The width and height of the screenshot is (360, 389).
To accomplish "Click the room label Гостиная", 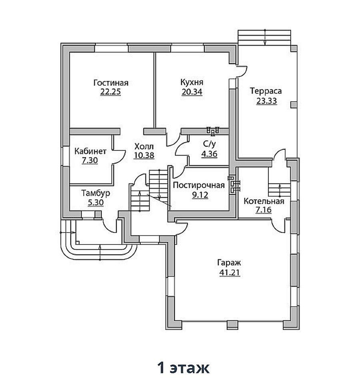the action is click(111, 82).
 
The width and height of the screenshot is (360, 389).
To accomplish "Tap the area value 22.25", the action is click(110, 92).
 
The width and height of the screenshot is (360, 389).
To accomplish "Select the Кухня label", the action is click(192, 82).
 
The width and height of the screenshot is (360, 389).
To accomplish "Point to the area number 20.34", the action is click(192, 92).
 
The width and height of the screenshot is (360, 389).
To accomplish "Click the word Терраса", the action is click(266, 91).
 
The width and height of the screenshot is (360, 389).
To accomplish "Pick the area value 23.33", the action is click(266, 101).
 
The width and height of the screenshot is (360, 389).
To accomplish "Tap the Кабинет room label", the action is click(90, 151).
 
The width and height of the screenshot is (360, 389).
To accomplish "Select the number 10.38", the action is click(144, 155).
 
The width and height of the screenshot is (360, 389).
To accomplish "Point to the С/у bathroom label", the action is click(210, 144).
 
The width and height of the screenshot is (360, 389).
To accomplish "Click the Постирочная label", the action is click(199, 185).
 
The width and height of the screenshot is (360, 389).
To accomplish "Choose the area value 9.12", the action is click(200, 195).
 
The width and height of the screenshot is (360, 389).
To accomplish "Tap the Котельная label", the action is click(264, 201).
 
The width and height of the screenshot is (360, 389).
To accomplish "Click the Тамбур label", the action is click(96, 193).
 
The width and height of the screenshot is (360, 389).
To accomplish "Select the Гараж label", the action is click(229, 263).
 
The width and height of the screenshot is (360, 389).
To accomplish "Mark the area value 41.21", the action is click(230, 273).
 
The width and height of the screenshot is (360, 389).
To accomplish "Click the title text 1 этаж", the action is click(184, 367).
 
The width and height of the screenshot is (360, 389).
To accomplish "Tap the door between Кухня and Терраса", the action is click(242, 72).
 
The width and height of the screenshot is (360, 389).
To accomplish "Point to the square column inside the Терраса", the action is click(294, 105).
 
